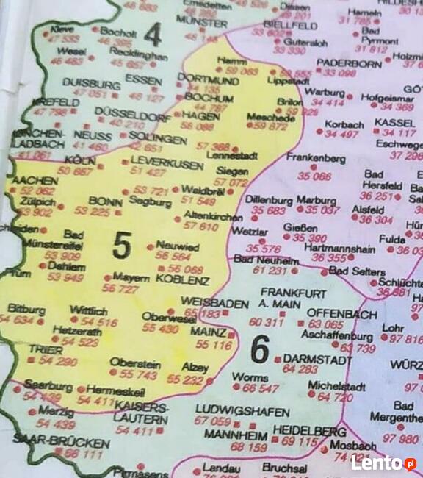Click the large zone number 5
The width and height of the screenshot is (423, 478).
click(x=122, y=245)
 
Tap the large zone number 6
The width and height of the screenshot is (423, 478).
click(x=259, y=349)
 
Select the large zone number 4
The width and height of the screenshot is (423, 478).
click(x=153, y=35)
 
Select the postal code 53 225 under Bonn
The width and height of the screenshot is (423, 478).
click(x=92, y=212)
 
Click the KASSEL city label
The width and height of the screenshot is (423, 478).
click(x=394, y=122)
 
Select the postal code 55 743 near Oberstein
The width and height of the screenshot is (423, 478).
click(x=138, y=374)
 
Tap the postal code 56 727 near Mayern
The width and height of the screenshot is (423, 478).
click(x=120, y=289)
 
